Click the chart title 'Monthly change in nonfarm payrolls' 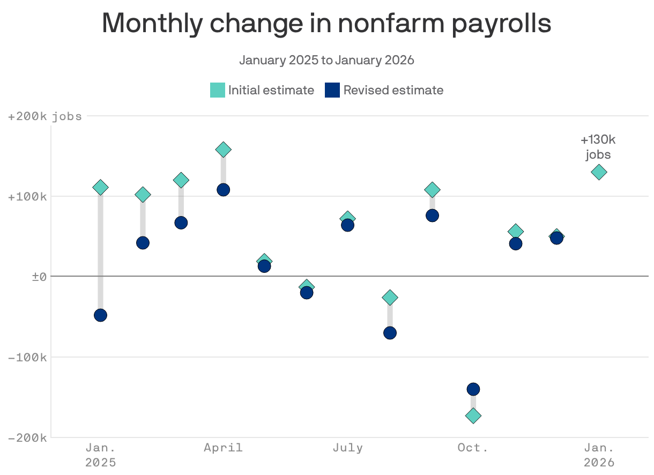pyautogui.click(x=326, y=24)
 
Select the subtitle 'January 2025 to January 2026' pyautogui.click(x=326, y=60)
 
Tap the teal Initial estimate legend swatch pyautogui.click(x=217, y=90)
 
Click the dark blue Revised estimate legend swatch pyautogui.click(x=332, y=90)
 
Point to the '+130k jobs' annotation pyautogui.click(x=598, y=147)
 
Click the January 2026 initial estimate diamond pyautogui.click(x=599, y=172)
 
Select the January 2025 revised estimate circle pyautogui.click(x=100, y=315)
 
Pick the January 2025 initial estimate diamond pyautogui.click(x=100, y=187)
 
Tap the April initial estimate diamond pyautogui.click(x=224, y=150)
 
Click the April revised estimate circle pyautogui.click(x=224, y=190)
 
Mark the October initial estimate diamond pyautogui.click(x=473, y=415)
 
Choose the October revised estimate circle pyautogui.click(x=473, y=389)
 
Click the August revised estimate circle pyautogui.click(x=390, y=333)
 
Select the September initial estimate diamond pyautogui.click(x=432, y=189)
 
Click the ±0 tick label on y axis pyautogui.click(x=40, y=277)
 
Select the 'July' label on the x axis pyautogui.click(x=347, y=448)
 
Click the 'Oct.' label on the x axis pyautogui.click(x=473, y=448)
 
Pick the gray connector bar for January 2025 pyautogui.click(x=100, y=252)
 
